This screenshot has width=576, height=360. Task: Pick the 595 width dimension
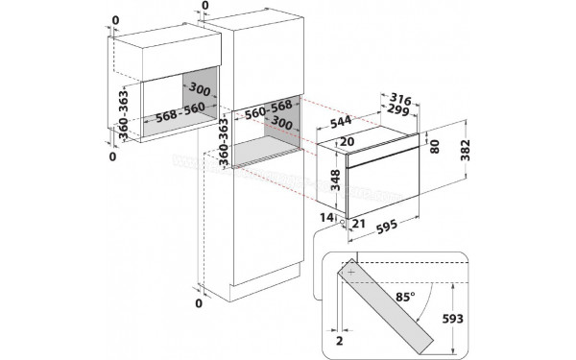tap(387, 230)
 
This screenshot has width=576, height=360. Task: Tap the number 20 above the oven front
tap(347, 142)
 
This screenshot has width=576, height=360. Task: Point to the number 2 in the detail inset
tap(339, 339)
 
